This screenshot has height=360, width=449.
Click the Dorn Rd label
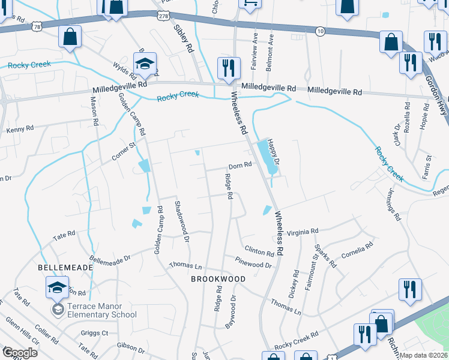239,167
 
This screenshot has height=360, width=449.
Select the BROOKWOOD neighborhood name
218,280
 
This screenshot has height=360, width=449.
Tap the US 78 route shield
37,27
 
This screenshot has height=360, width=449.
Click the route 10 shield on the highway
320,31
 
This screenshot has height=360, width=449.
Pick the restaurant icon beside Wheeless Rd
228,68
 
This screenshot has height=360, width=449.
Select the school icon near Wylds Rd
145,65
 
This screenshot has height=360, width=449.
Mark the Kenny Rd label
17,130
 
